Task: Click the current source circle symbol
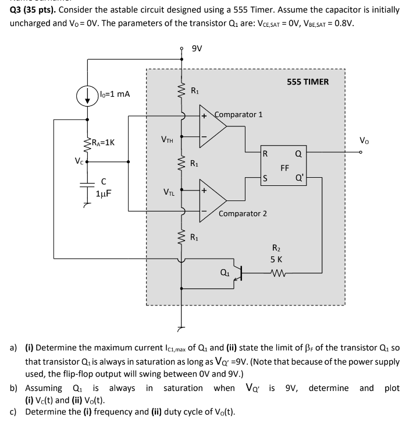tap(87, 96)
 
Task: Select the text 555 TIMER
tap(308, 82)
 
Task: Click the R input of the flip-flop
tap(265, 154)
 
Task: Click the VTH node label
tap(168, 139)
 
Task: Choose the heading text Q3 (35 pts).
tap(34, 10)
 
